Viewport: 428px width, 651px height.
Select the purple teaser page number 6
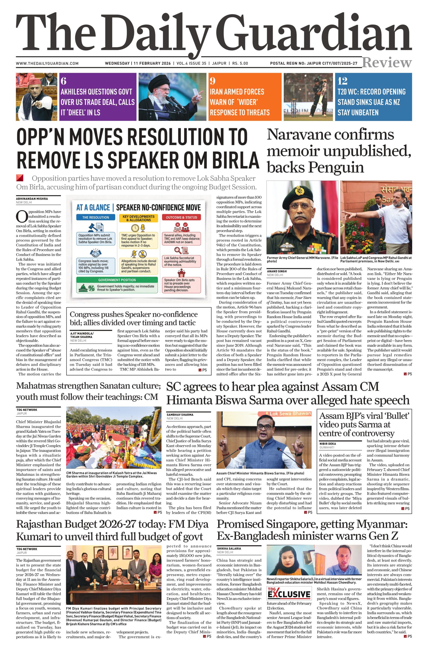click(64, 81)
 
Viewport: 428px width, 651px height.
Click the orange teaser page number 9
click(213, 81)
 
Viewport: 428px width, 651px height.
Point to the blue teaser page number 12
click(342, 81)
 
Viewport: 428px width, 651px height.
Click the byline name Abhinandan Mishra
click(32, 199)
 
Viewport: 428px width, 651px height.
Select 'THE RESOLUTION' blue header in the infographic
click(95, 217)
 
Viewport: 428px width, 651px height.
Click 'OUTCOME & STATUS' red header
click(181, 217)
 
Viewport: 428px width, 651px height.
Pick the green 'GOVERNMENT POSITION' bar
click(117, 280)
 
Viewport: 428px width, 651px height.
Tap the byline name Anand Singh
click(277, 271)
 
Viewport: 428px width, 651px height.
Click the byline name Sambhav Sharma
click(180, 415)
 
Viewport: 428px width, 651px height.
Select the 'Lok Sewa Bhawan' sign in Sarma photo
click(290, 413)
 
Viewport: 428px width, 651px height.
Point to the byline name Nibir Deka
click(327, 444)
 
